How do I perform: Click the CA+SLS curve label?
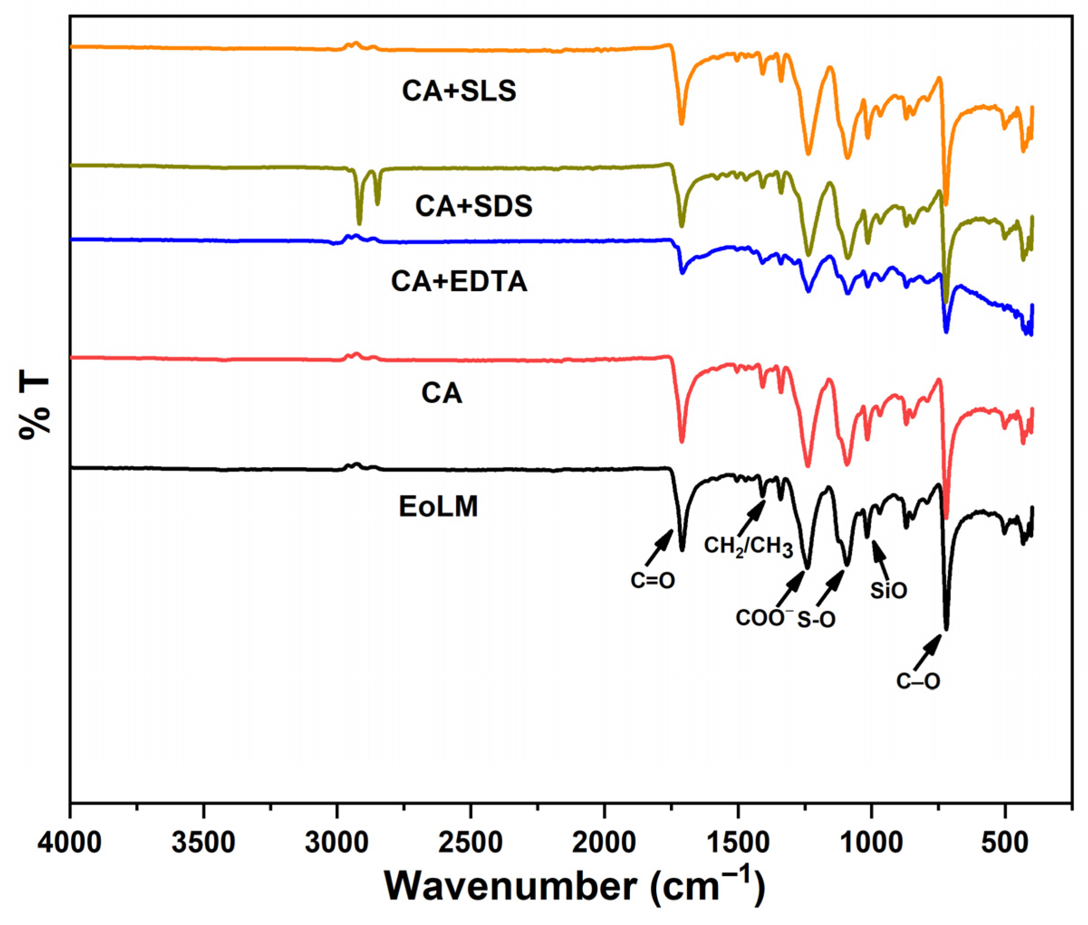click(458, 91)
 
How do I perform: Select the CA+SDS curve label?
click(473, 206)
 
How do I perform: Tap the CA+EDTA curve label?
click(458, 282)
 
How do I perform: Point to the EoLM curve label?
click(438, 507)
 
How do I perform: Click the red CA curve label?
click(441, 393)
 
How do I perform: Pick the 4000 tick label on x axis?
click(70, 843)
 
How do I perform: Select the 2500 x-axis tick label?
click(471, 843)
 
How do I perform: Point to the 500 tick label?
click(1005, 843)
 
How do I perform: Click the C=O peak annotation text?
click(653, 580)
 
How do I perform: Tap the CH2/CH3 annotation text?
click(748, 546)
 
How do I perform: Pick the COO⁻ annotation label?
click(761, 618)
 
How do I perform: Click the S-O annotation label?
click(816, 620)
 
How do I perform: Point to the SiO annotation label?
click(888, 591)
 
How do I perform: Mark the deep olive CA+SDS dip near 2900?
click(359, 220)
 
